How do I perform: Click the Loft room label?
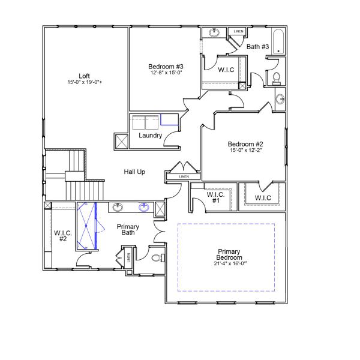tap(84, 76)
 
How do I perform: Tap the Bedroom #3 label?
tap(166, 66)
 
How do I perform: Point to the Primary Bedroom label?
tap(230, 254)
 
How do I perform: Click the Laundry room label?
tap(150, 136)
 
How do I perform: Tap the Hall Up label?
tap(134, 172)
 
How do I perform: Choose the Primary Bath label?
tap(128, 230)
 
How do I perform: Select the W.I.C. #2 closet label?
tap(63, 235)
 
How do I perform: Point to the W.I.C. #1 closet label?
tap(215, 197)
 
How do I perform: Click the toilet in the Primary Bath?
tap(157, 259)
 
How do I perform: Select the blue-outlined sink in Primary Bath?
tap(144, 208)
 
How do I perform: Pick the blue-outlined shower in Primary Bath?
tap(87, 226)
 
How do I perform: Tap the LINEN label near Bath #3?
tap(238, 31)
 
